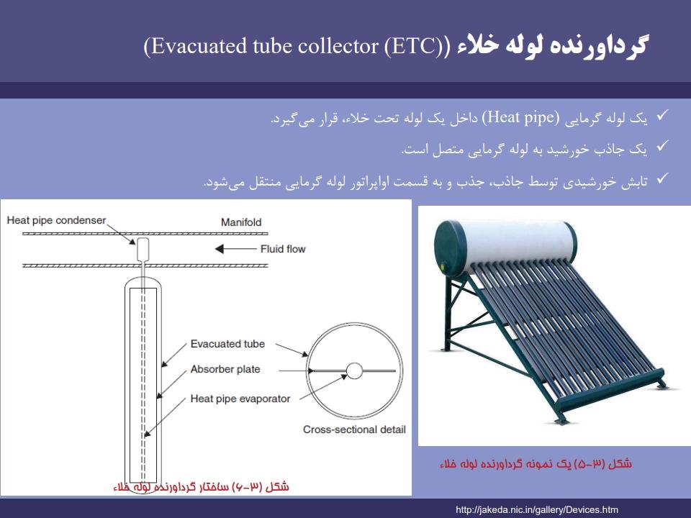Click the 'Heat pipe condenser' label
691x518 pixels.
click(x=56, y=220)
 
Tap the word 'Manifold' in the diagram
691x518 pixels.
click(x=241, y=222)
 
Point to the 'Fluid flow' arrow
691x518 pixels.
click(x=235, y=249)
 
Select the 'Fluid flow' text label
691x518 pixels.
click(x=283, y=250)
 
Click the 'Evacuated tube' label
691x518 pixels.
click(x=227, y=344)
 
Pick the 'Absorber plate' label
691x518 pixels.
click(x=225, y=369)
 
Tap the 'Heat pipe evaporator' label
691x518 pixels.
click(x=240, y=399)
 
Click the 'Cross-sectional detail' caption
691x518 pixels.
click(x=354, y=430)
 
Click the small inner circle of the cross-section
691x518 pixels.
click(x=354, y=371)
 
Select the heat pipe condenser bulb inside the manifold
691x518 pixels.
click(x=143, y=249)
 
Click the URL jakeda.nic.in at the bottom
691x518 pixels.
click(x=537, y=510)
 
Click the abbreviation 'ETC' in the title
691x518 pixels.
click(x=410, y=46)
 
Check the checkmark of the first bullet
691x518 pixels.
click(x=662, y=115)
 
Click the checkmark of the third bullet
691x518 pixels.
click(x=662, y=178)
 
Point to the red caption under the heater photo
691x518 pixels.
click(x=536, y=464)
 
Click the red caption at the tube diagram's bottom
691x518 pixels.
click(x=201, y=487)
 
